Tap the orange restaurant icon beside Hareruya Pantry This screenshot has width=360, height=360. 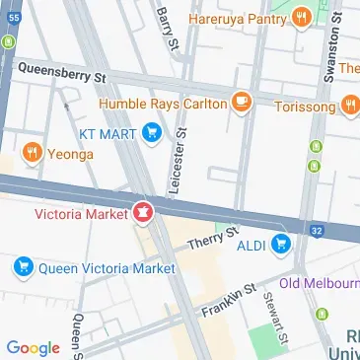pos(303,16)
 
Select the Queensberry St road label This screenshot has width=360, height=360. pos(61,71)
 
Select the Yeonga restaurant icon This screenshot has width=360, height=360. pos(32,153)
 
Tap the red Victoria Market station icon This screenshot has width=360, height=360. pos(143,212)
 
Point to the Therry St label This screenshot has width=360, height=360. pos(212,240)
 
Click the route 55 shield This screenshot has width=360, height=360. pos(13,43)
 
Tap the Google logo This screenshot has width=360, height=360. pos(33,346)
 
